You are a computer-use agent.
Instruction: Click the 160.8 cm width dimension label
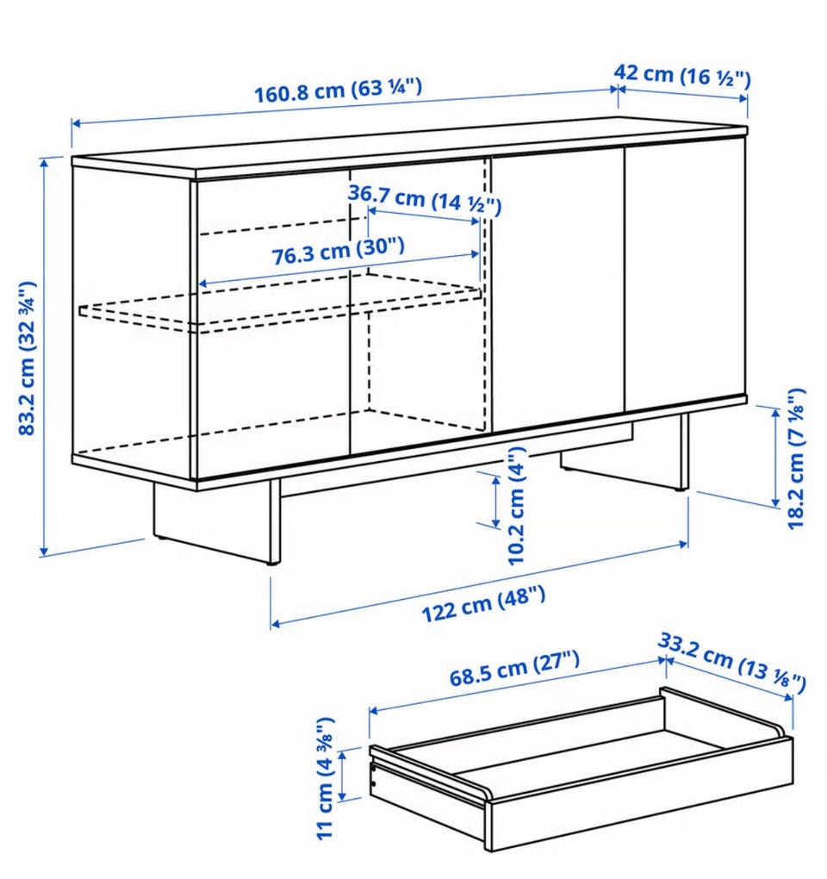tap(338, 90)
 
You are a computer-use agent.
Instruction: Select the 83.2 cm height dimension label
tap(28, 358)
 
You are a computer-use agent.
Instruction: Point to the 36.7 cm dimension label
tap(424, 199)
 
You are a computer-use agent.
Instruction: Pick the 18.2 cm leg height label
tap(796, 458)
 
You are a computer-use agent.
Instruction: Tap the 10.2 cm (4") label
tap(516, 505)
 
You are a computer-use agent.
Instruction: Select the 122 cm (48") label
tap(483, 603)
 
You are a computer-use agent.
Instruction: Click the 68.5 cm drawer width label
tap(514, 667)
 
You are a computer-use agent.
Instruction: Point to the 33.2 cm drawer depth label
tap(731, 662)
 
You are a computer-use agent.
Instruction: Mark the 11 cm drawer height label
tap(326, 779)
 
